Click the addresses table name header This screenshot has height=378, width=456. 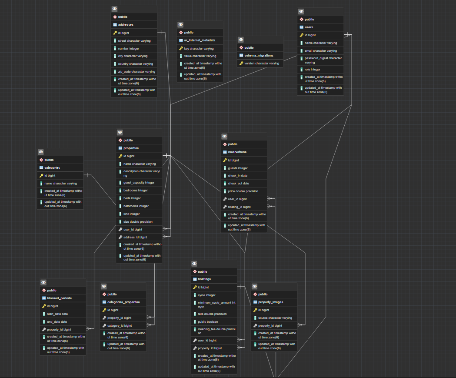(x=126, y=25)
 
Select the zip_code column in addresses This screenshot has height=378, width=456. (x=136, y=71)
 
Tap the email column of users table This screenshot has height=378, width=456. (x=320, y=50)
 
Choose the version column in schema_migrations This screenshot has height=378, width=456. (x=261, y=63)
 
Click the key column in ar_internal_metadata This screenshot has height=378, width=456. (x=199, y=48)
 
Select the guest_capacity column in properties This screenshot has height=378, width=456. (x=139, y=183)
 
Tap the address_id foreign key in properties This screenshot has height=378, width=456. (x=135, y=237)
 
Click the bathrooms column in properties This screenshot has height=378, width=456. (x=136, y=206)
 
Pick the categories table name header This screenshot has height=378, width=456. (x=52, y=167)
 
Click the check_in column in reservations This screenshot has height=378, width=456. (x=238, y=176)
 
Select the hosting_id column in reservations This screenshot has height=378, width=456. (x=239, y=207)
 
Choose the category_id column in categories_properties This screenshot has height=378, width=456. (x=119, y=325)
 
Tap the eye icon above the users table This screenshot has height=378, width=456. (x=302, y=11)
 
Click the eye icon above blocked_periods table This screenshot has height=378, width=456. (x=43, y=282)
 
